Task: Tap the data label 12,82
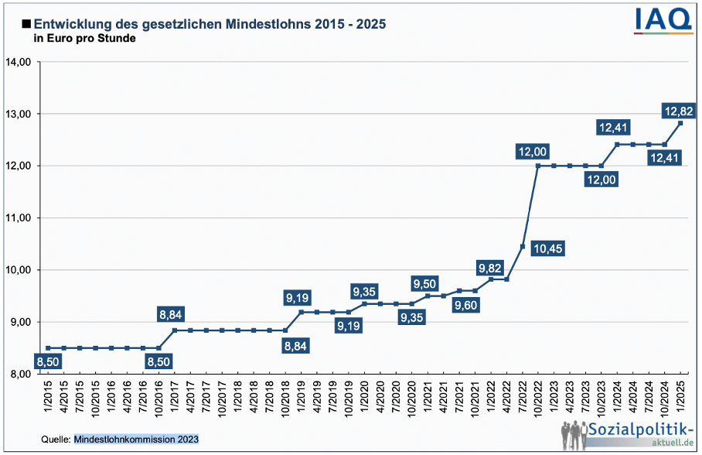tap(679, 111)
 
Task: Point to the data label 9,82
tap(490, 268)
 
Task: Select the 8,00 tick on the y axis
tap(19, 374)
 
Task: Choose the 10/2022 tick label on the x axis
tap(538, 399)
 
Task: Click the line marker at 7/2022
tap(523, 246)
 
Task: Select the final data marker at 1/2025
tap(680, 123)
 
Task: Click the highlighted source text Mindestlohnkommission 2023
tap(136, 440)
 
